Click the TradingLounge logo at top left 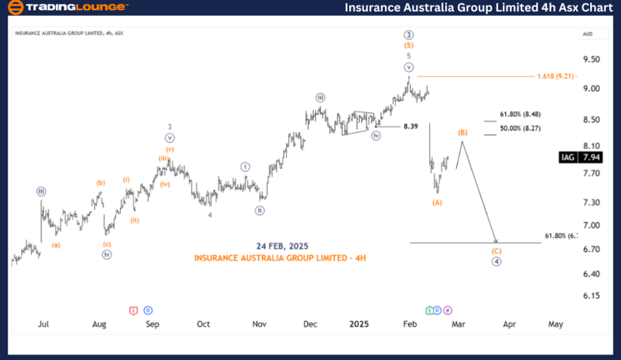67,7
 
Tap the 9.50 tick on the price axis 592,60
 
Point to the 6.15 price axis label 592,296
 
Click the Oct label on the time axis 203,323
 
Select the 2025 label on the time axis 359,323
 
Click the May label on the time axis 555,323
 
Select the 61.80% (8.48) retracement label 521,114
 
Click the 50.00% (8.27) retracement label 521,128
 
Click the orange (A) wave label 437,202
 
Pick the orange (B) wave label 463,132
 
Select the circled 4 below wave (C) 496,261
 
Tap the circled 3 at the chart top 408,34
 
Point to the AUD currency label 588,33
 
